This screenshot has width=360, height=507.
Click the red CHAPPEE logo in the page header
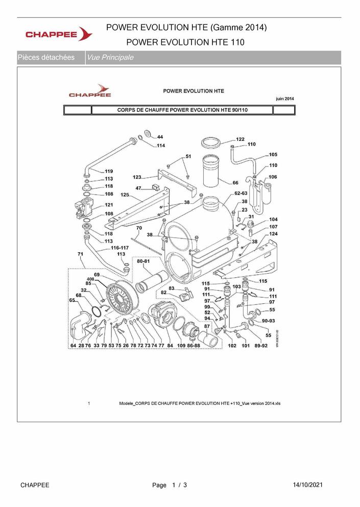pyautogui.click(x=59, y=34)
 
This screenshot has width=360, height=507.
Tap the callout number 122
pyautogui.click(x=240, y=139)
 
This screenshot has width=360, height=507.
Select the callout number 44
pyautogui.click(x=160, y=137)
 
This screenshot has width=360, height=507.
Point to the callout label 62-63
pyautogui.click(x=241, y=194)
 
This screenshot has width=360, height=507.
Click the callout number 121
pyautogui.click(x=109, y=205)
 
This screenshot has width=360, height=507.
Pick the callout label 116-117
pyautogui.click(x=119, y=248)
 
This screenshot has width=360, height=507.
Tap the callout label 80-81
pyautogui.click(x=143, y=261)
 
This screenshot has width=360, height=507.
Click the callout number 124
pyautogui.click(x=273, y=234)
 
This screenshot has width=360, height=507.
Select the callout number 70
pyautogui.click(x=139, y=228)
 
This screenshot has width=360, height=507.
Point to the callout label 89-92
pyautogui.click(x=261, y=346)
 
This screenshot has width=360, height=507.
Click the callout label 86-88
pyautogui.click(x=194, y=346)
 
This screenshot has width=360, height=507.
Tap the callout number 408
pyautogui.click(x=90, y=279)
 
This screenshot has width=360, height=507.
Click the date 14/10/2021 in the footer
pyautogui.click(x=307, y=485)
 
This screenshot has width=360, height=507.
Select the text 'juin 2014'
pyautogui.click(x=284, y=99)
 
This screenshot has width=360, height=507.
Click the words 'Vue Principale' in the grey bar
pyautogui.click(x=110, y=58)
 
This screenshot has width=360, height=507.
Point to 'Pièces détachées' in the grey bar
pyautogui.click(x=46, y=58)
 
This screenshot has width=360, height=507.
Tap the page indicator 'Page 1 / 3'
pyautogui.click(x=170, y=485)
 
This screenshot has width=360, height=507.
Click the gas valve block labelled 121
pyautogui.click(x=83, y=208)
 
